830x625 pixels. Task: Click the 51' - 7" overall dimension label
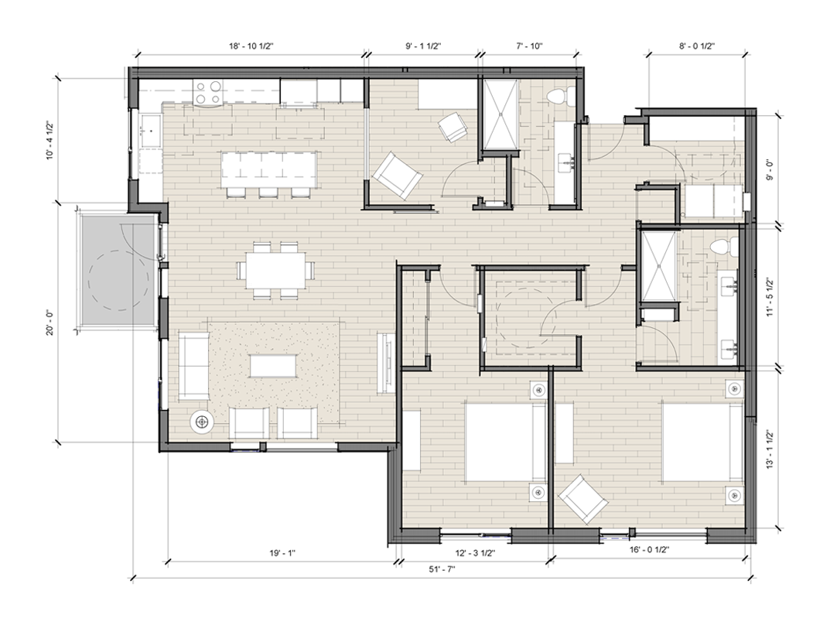pyautogui.click(x=442, y=569)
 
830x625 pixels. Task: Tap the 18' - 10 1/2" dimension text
pyautogui.click(x=251, y=46)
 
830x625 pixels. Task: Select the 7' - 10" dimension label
pyautogui.click(x=529, y=46)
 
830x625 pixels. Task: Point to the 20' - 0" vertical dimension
pyautogui.click(x=50, y=323)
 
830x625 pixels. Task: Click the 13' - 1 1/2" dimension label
pyautogui.click(x=770, y=449)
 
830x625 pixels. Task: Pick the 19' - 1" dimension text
pyautogui.click(x=282, y=554)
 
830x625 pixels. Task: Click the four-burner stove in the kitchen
pyautogui.click(x=207, y=91)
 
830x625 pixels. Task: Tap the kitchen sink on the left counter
pyautogui.click(x=151, y=131)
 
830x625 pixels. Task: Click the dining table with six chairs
pyautogui.click(x=276, y=270)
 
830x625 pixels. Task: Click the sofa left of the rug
pyautogui.click(x=193, y=365)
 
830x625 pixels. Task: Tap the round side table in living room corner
pyautogui.click(x=202, y=422)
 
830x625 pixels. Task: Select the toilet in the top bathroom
pyautogui.click(x=558, y=97)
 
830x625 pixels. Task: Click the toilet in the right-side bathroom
pyautogui.click(x=724, y=247)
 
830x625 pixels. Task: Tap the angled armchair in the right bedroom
pyautogui.click(x=583, y=500)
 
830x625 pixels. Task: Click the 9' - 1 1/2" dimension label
pyautogui.click(x=423, y=46)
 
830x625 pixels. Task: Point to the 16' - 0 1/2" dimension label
pyautogui.click(x=650, y=550)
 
